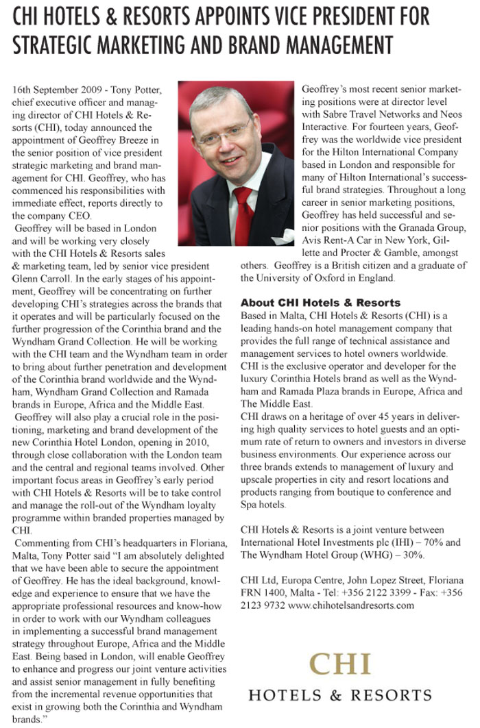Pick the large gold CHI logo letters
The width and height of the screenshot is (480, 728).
coord(340,664)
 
